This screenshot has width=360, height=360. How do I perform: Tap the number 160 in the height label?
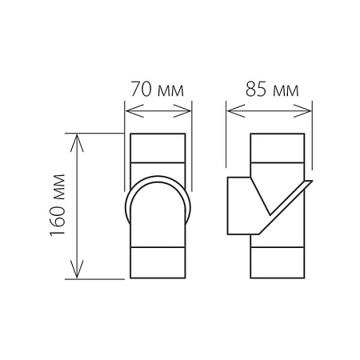click(x=58, y=221)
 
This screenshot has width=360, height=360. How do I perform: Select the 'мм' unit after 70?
click(x=170, y=91)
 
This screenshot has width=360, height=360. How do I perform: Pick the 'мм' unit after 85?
click(x=286, y=91)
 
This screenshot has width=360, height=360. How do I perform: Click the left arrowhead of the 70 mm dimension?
click(x=134, y=110)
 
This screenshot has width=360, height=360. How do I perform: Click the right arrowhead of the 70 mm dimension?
click(x=182, y=110)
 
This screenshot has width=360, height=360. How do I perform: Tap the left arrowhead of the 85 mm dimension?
click(x=236, y=110)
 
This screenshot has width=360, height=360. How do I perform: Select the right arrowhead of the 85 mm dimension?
click(x=302, y=110)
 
